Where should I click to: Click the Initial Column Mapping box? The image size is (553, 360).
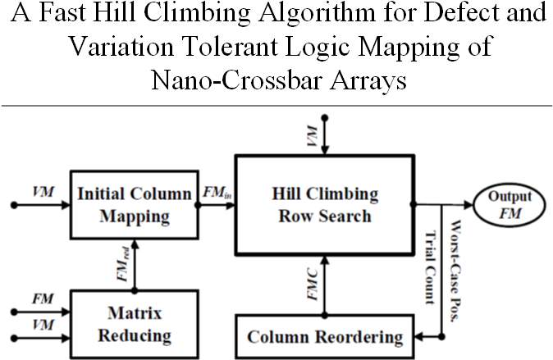(x=133, y=204)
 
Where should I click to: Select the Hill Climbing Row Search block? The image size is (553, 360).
(x=326, y=204)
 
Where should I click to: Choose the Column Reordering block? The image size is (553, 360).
(x=326, y=336)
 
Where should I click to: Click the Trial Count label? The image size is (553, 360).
(x=428, y=267)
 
